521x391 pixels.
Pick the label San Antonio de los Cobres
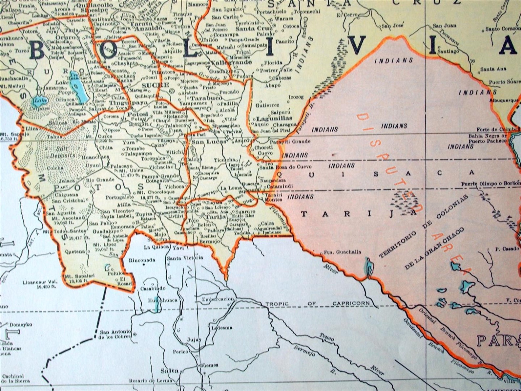(115, 334)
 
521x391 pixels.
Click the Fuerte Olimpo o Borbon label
(491, 184)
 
